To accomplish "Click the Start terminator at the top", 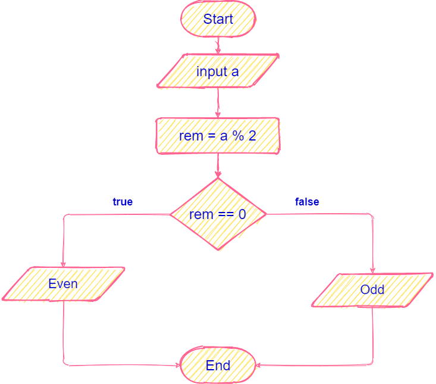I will coord(218,19).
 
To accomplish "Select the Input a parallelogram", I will coord(218,71).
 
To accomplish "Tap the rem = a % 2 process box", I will coord(218,136).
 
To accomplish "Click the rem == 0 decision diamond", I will coord(218,214).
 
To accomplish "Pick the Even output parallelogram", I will coord(63,284).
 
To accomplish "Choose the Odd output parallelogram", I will coord(372,290).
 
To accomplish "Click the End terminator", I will coord(218,365).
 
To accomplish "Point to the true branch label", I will coord(123,202).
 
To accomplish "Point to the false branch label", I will coord(307,202).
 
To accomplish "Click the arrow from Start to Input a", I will coord(218,45).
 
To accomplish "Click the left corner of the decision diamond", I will coord(171,214).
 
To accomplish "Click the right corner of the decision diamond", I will coord(265,214).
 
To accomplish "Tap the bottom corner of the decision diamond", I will coord(218,250).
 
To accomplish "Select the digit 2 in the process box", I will coord(252,136).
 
